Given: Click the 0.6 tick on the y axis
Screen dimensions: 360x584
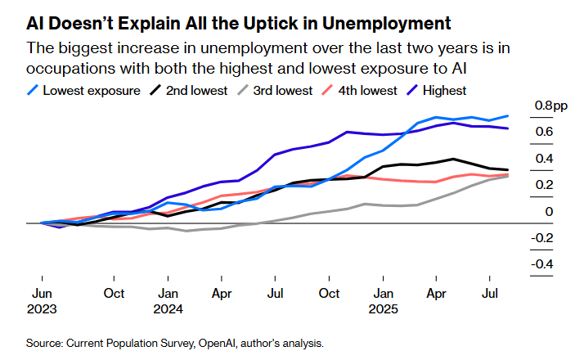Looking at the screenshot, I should tap(543, 132).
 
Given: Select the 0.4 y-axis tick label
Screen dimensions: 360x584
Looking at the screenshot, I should tap(543, 159).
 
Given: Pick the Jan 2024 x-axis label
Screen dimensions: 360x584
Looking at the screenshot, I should tap(168, 301).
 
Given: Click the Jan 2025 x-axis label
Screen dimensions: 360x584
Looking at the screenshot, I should tap(383, 301).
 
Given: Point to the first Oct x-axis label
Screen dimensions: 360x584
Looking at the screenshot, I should tap(114, 293).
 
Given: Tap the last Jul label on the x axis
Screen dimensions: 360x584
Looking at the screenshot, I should tap(491, 293).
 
